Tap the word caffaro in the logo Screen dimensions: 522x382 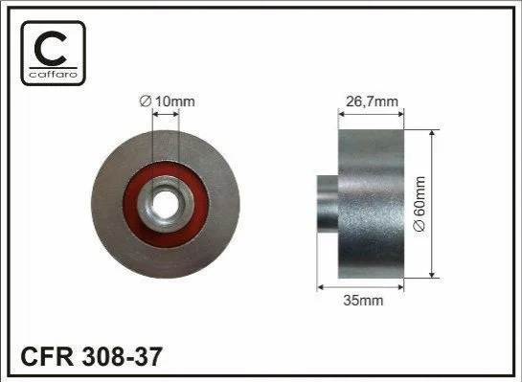click(54, 74)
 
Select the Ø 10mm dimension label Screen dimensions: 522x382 click(167, 101)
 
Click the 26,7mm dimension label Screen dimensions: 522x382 click(372, 101)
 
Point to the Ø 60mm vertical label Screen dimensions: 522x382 click(420, 204)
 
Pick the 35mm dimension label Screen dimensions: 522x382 click(364, 301)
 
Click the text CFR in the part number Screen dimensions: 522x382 click(47, 356)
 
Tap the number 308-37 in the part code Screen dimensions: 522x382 click(122, 356)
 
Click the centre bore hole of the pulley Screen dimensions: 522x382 click(165, 204)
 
